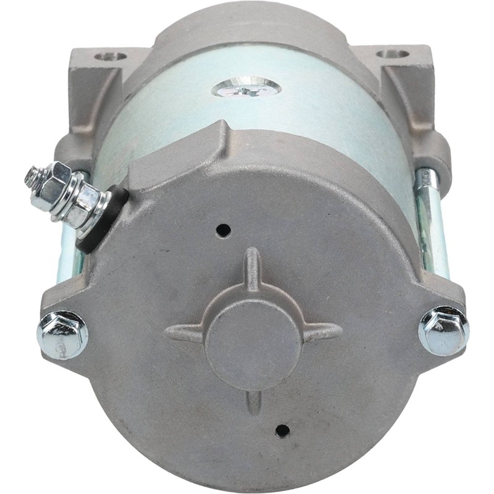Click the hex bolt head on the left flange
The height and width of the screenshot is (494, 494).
[62, 335]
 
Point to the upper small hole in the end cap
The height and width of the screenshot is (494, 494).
[223, 230]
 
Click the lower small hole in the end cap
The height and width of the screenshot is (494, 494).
[282, 430]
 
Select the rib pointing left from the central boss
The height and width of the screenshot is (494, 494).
[185, 334]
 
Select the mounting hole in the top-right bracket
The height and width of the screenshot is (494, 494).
[393, 54]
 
